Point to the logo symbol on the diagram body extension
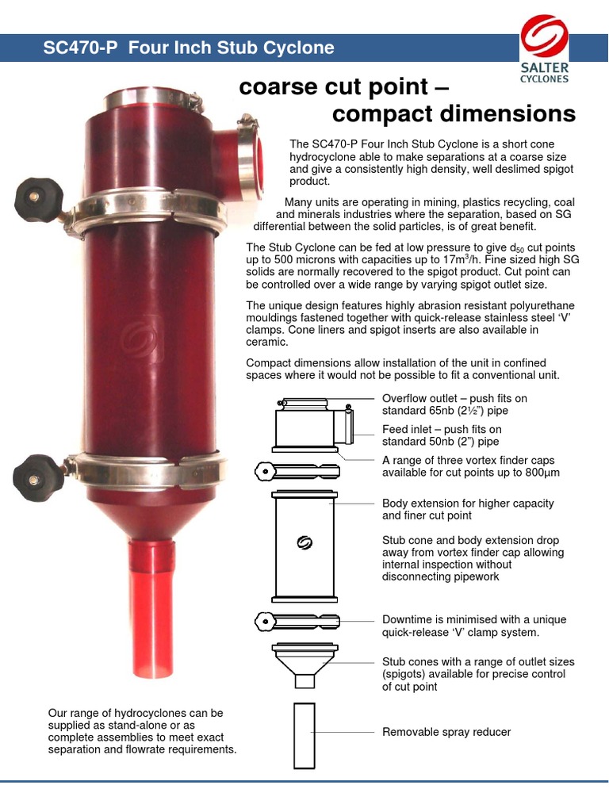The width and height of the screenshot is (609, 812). (x=304, y=543)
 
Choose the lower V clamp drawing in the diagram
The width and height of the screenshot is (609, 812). (x=297, y=620)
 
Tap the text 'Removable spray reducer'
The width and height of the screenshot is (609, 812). (x=446, y=732)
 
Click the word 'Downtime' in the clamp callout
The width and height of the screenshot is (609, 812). (x=408, y=619)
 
